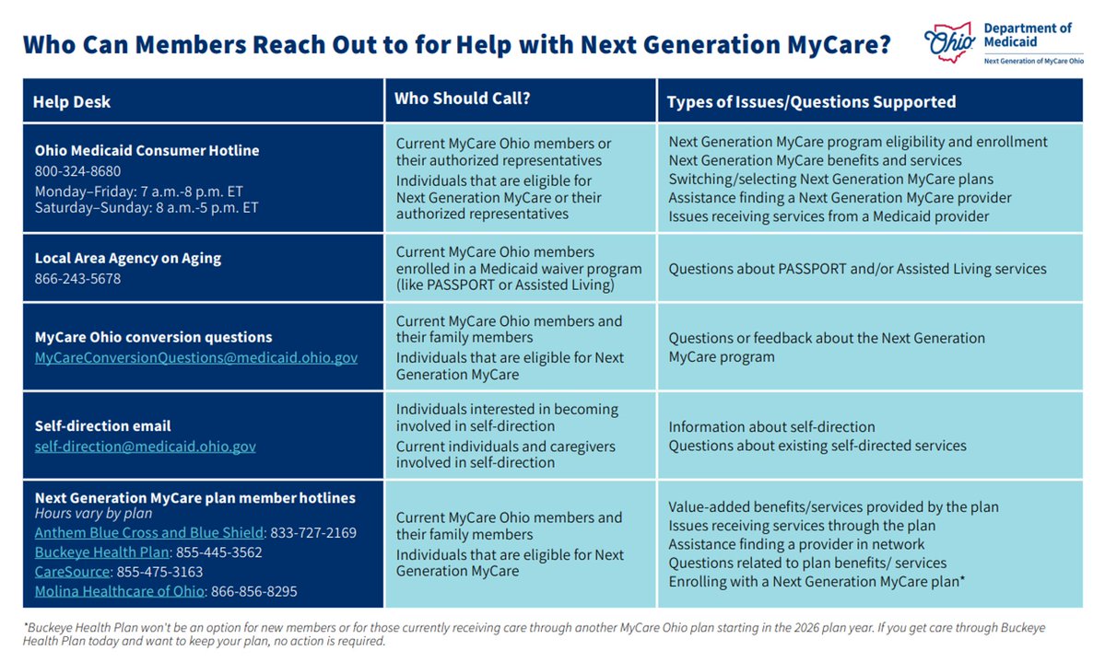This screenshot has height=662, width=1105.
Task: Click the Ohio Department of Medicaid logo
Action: point(1000,42)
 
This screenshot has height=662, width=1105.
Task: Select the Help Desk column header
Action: point(72,102)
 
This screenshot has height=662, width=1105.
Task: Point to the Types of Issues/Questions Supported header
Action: point(811,102)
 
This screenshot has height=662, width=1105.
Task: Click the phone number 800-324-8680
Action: point(77,171)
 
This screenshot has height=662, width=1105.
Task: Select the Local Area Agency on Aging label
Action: point(128,258)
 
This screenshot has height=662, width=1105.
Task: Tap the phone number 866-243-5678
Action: point(77,278)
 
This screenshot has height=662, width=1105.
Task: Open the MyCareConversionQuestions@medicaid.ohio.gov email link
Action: point(196,356)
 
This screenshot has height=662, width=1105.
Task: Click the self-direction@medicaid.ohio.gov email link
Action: point(146,447)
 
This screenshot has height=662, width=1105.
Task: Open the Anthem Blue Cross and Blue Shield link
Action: point(149,533)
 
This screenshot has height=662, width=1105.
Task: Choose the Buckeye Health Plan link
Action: point(102,552)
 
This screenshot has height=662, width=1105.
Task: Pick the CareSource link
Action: point(71,572)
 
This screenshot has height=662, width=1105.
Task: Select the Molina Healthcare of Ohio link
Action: point(119,591)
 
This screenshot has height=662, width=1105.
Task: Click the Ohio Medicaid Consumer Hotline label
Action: point(147,151)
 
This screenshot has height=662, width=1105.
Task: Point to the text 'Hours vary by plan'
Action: point(93,514)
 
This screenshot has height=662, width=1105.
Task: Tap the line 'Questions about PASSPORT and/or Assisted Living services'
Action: point(857,269)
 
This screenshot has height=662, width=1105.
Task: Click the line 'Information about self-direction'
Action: point(771,427)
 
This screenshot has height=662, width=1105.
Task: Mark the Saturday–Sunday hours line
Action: point(147,208)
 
